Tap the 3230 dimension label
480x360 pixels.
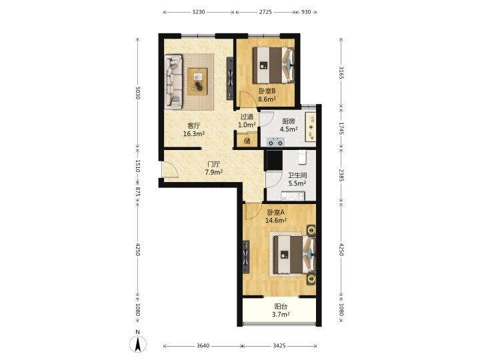click(199, 12)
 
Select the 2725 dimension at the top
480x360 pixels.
click(265, 12)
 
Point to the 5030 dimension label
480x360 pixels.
click(138, 93)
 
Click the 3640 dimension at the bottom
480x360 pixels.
click(203, 345)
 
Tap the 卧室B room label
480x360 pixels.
click(267, 91)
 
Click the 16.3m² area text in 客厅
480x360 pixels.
click(194, 134)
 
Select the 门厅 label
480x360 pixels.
click(214, 165)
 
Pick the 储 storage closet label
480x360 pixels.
click(247, 141)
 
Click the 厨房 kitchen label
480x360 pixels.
click(289, 121)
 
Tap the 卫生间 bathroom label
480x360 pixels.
click(297, 175)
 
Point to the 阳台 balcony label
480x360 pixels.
click(281, 306)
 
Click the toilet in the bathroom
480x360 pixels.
click(303, 157)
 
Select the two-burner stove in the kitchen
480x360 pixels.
click(275, 142)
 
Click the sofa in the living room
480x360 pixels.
click(173, 82)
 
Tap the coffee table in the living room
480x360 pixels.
click(197, 81)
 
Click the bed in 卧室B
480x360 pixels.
click(273, 65)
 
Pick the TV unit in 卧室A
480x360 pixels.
click(246, 257)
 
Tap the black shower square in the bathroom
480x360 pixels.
click(275, 160)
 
